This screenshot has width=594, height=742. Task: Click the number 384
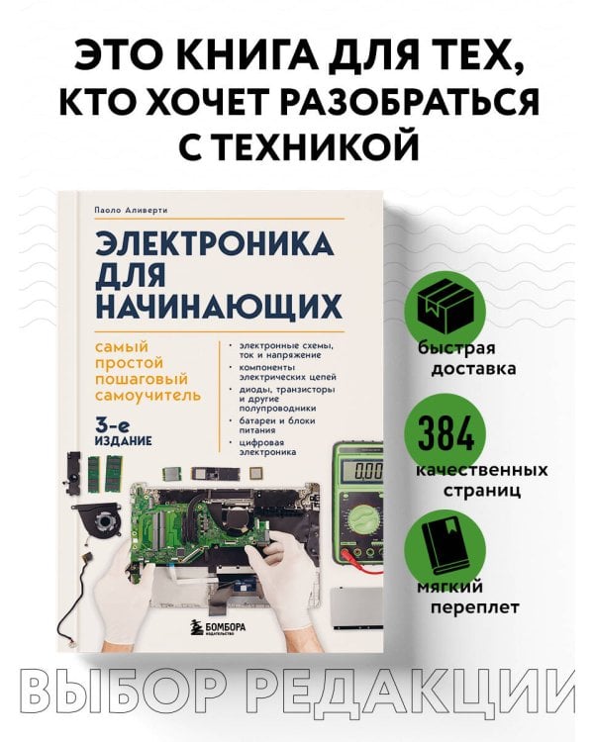[455, 432]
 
